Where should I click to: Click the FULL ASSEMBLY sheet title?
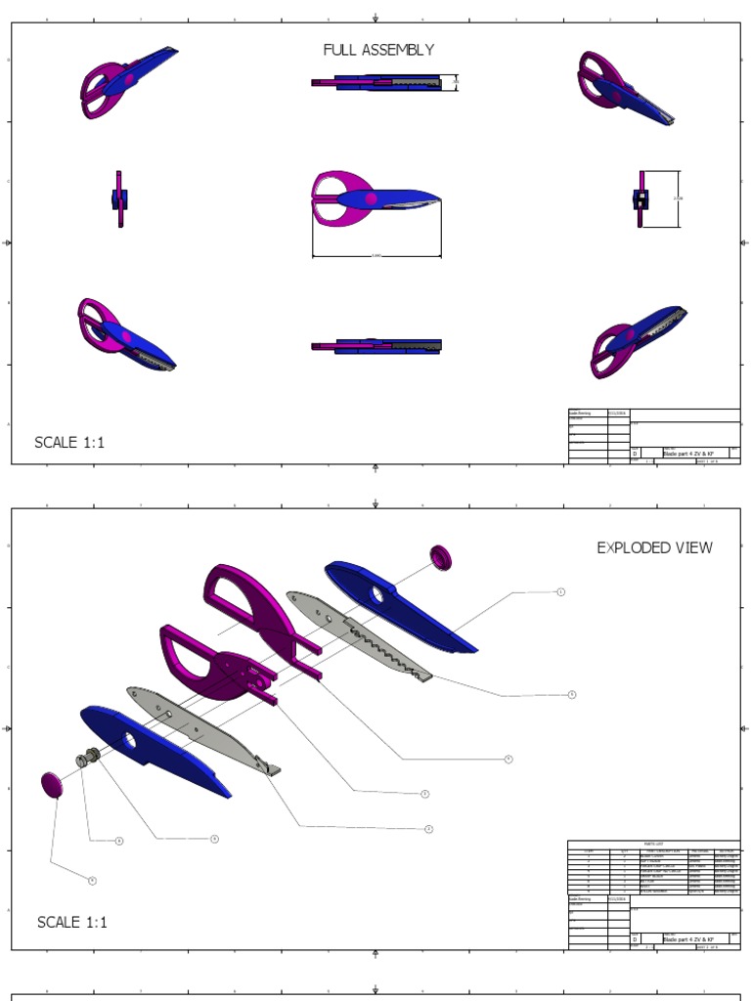378,50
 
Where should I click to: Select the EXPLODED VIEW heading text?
654,547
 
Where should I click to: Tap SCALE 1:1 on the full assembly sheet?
69,443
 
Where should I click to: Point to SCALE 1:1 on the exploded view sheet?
72,922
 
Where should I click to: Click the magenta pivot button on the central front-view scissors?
371,199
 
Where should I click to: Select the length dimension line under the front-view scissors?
376,257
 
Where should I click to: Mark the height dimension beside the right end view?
678,198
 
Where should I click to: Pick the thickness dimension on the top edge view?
455,83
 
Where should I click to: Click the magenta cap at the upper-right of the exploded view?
441,557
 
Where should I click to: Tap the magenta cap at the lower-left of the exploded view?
52,784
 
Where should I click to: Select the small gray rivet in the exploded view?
92,759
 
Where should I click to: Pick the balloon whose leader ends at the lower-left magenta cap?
92,880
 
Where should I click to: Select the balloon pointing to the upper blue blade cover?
560,591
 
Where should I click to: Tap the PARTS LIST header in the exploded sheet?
653,844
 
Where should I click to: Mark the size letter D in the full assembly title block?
635,455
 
